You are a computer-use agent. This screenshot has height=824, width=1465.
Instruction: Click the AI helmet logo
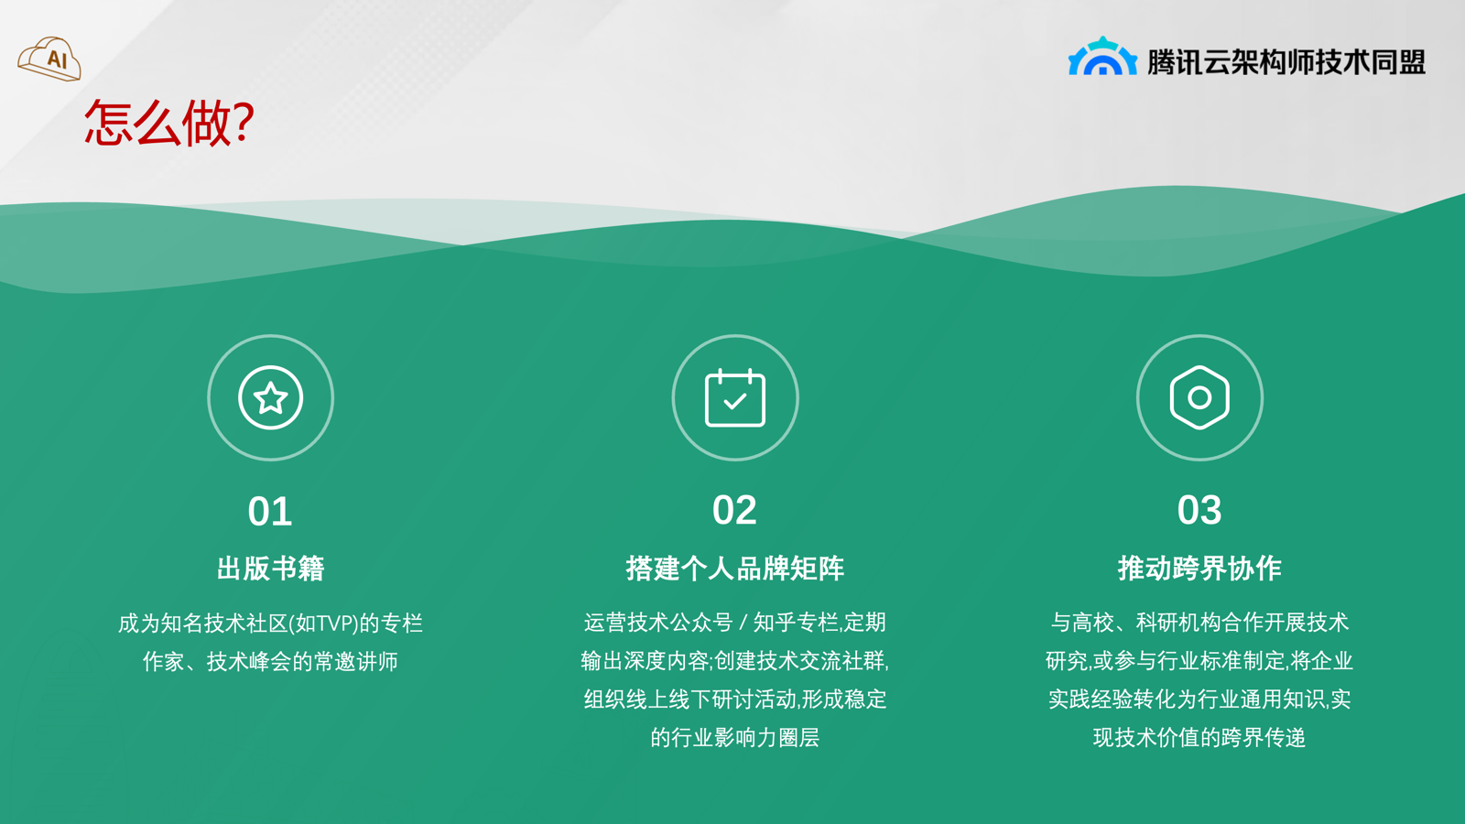point(49,59)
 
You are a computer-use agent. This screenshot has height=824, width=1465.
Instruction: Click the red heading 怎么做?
point(169,123)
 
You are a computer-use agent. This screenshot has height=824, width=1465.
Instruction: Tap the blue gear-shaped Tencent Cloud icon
point(1102,56)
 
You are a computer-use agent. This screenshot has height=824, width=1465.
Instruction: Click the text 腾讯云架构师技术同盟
point(1286,62)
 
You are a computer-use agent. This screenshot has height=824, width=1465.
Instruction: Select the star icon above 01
point(270,397)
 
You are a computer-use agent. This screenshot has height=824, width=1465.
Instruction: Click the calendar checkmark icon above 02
point(735,397)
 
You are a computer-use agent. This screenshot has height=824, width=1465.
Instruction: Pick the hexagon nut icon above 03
point(1199,397)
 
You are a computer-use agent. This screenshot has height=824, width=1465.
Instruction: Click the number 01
point(270,512)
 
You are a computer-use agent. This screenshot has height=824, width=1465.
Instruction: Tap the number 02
point(734,510)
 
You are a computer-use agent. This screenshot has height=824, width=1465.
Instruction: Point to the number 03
point(1199,510)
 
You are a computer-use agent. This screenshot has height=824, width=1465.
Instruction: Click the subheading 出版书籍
point(270,569)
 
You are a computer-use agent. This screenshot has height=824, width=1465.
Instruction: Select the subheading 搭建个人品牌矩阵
point(735,569)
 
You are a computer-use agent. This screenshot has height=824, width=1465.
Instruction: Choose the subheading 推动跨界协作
point(1199,569)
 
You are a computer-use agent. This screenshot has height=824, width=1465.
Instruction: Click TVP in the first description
point(336,623)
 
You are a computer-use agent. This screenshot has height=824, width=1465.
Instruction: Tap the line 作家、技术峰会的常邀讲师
point(270,662)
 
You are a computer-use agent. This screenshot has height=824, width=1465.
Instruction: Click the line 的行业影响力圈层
point(735,738)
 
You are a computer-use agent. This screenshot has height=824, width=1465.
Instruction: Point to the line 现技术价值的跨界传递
point(1199,738)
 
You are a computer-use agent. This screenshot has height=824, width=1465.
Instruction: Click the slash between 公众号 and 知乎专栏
point(743,623)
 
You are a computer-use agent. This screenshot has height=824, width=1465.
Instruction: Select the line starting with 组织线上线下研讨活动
point(735,699)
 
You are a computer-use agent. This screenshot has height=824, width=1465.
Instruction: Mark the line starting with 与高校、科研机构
point(1199,623)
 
